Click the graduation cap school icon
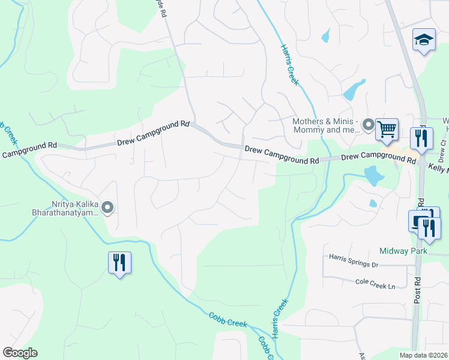424,40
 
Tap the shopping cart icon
387,127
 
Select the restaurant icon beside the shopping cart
421,138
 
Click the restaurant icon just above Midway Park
430,227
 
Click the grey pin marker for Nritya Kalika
108,208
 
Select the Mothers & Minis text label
326,125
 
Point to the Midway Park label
403,251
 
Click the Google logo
20,353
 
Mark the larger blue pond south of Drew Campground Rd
373,176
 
